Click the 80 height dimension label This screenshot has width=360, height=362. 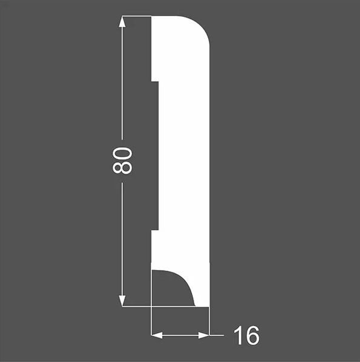point(122,160)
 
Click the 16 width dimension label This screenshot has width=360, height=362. point(246,335)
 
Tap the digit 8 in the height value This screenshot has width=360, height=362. point(122,168)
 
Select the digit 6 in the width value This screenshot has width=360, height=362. point(252,335)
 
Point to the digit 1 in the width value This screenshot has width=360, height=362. point(238,335)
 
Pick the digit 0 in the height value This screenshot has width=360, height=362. point(122,154)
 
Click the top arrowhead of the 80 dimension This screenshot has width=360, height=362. point(122,22)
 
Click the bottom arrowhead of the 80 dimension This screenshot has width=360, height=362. point(122,301)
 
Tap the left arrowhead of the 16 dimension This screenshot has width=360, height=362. point(157,335)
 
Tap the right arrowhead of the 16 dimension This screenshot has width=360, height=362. point(203,335)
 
